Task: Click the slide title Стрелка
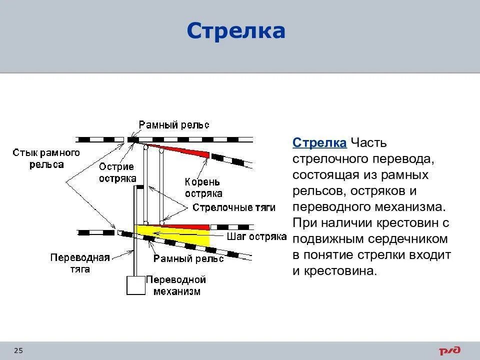pos(235,31)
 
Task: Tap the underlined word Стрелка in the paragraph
pos(319,142)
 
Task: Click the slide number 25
pos(18,350)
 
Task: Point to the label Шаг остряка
pos(256,236)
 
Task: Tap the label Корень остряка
pos(203,187)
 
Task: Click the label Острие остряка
pos(116,172)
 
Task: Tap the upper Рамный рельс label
pos(174,124)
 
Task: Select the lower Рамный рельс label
pos(188,258)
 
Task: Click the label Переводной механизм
pos(175,285)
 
